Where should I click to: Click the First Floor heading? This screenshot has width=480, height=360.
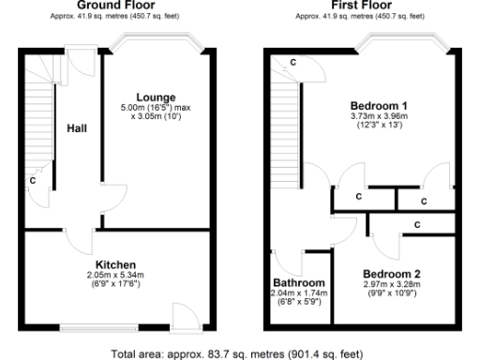point(360,5)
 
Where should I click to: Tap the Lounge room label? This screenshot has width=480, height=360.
point(155,97)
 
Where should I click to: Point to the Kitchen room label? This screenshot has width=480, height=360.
point(116,264)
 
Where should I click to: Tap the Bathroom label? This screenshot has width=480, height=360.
point(299,283)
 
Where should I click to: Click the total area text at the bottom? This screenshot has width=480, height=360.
point(236,353)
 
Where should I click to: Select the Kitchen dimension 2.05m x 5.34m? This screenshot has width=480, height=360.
point(116,275)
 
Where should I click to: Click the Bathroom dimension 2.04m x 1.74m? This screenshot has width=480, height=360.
point(299,293)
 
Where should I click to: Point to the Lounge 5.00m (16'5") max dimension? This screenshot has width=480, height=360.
point(155,107)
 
